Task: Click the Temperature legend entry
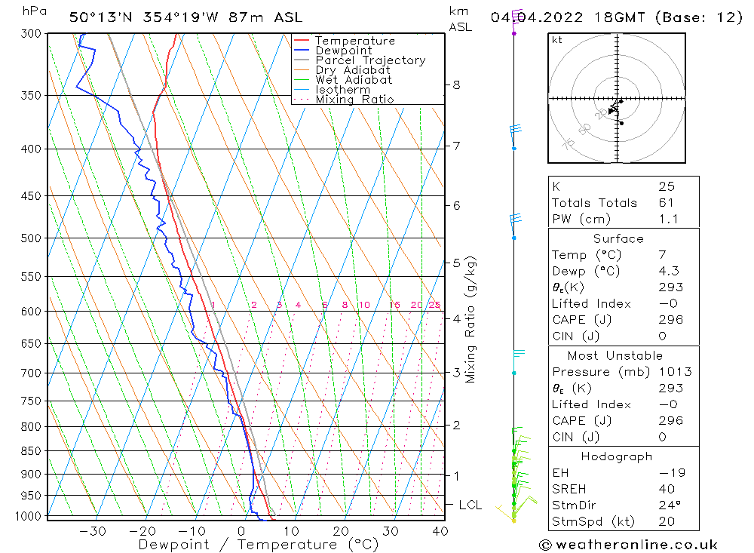pyautogui.click(x=354, y=41)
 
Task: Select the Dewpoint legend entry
pyautogui.click(x=343, y=51)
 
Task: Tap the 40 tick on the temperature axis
pyautogui.click(x=440, y=530)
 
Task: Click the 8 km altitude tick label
pyautogui.click(x=456, y=84)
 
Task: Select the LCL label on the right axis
pyautogui.click(x=470, y=504)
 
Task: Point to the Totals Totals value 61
pyautogui.click(x=666, y=202)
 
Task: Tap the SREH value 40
pyautogui.click(x=666, y=489)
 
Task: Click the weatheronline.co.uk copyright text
pyautogui.click(x=628, y=544)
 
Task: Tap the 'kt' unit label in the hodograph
pyautogui.click(x=557, y=40)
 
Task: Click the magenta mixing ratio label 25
pyautogui.click(x=434, y=305)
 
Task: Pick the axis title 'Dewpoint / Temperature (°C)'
pyautogui.click(x=258, y=544)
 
